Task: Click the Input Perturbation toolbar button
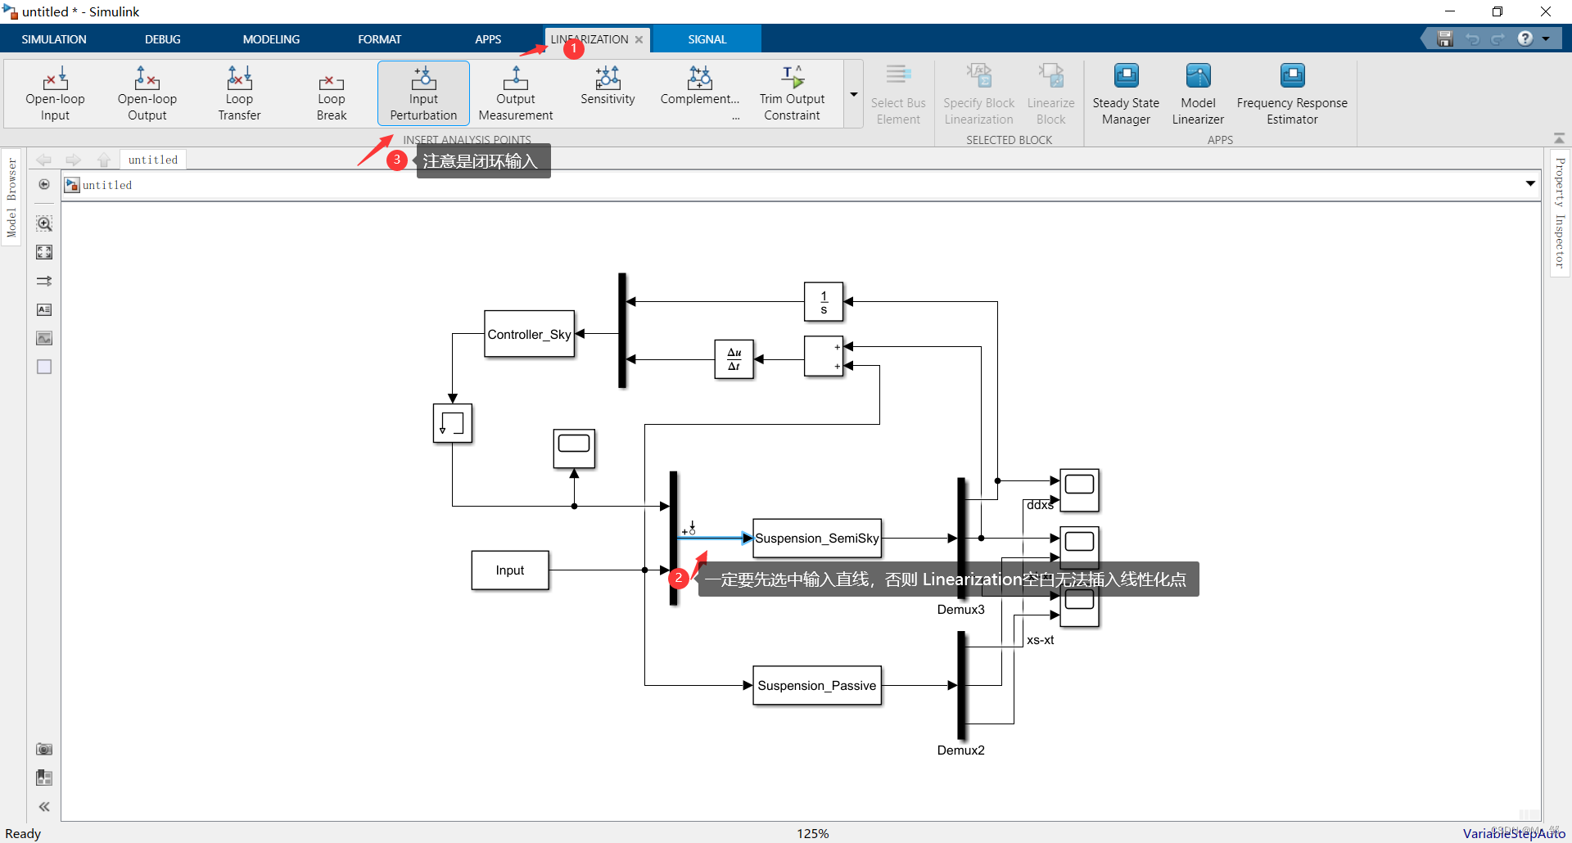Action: tap(423, 93)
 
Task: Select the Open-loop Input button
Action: tap(55, 93)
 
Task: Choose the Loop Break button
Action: tap(332, 93)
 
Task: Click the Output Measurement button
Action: tap(516, 93)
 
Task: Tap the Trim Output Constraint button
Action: tap(792, 93)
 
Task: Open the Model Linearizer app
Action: tap(1198, 93)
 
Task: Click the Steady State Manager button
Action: tap(1126, 93)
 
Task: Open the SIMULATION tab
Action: tap(54, 39)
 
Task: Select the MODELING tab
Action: tap(271, 39)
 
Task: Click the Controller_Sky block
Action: tap(529, 334)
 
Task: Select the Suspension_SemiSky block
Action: tap(816, 538)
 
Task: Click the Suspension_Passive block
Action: tap(816, 685)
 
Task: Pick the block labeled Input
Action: tap(509, 570)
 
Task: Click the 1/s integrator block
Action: tap(824, 302)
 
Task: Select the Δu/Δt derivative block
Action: tap(734, 359)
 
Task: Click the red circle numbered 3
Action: tap(397, 160)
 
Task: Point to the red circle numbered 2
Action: tap(678, 578)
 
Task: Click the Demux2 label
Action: tap(960, 750)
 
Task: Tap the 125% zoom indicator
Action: tap(812, 833)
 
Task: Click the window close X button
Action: tap(1546, 11)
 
